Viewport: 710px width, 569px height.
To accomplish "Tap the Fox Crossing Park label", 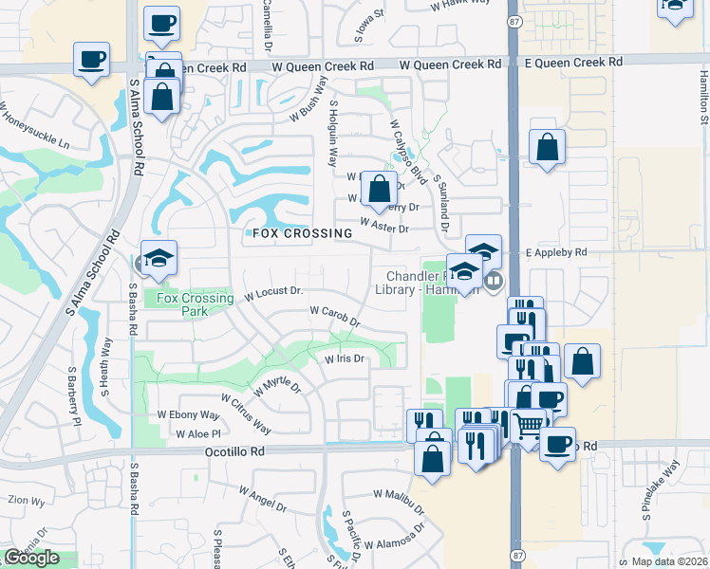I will tap(195, 304).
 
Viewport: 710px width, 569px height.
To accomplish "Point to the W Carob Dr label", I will tap(335, 316).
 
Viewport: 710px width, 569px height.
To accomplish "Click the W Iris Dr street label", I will tap(345, 359).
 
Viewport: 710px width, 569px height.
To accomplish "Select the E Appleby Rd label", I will tap(556, 253).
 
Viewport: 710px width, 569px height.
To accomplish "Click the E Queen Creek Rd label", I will tap(574, 62).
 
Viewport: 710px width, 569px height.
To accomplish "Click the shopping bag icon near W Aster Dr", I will tap(380, 189).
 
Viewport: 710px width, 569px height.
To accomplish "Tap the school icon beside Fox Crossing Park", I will tap(159, 258).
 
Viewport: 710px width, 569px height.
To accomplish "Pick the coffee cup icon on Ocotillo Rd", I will tap(557, 443).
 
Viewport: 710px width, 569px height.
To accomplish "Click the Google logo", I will tap(31, 558).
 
